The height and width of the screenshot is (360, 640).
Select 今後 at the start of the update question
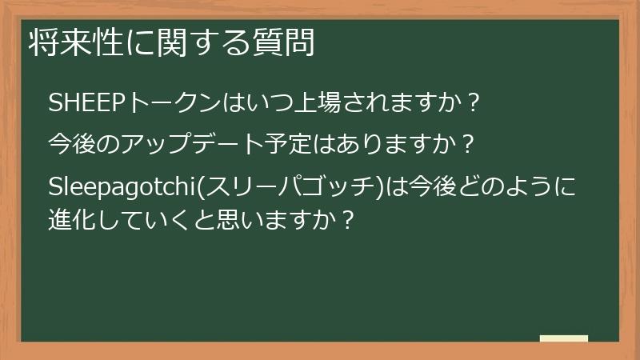click(72, 146)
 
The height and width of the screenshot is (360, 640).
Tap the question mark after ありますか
click(470, 146)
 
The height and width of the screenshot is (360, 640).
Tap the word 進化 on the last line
click(72, 217)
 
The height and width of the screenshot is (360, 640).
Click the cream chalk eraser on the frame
click(563, 338)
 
